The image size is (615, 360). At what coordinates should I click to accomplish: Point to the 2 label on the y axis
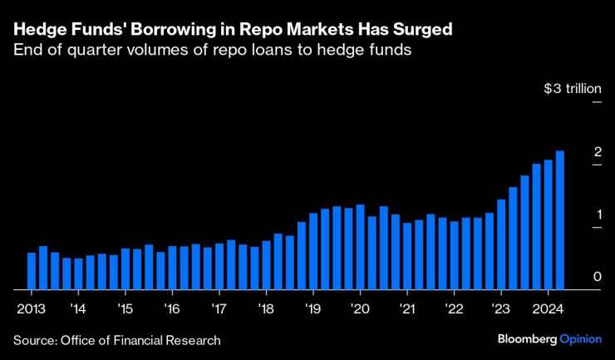597,151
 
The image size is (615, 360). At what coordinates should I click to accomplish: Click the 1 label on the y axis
597,215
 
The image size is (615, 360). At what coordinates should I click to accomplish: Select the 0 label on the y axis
597,277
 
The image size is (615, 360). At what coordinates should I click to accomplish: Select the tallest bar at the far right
560,220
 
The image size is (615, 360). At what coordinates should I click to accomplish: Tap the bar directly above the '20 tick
360,247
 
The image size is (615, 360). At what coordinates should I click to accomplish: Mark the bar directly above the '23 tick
501,244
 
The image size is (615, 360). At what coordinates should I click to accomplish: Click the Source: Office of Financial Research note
116,340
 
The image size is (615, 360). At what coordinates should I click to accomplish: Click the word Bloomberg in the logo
527,340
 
